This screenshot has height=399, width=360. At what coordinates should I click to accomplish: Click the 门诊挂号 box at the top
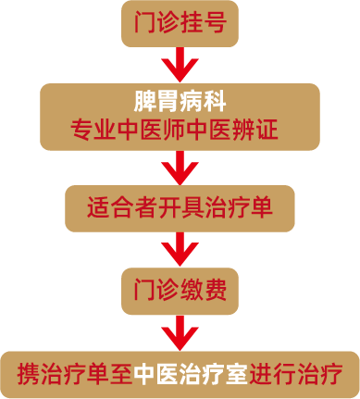(x=180, y=24)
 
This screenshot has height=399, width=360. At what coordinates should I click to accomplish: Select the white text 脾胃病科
(x=180, y=99)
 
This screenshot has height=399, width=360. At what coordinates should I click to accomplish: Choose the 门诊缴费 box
(x=180, y=291)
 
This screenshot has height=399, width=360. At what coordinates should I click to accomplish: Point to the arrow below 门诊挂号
(x=180, y=66)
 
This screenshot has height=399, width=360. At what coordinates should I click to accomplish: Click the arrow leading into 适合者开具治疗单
(x=180, y=166)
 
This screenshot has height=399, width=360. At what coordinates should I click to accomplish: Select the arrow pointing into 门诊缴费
(x=180, y=249)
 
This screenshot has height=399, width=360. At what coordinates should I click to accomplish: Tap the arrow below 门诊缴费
(x=180, y=331)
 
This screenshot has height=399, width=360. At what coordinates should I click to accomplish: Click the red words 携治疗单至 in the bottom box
(x=75, y=374)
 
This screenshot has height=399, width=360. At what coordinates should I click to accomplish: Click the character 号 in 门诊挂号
(x=215, y=24)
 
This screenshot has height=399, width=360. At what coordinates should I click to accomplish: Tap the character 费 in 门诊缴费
(x=216, y=291)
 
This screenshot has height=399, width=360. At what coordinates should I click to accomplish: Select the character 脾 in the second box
(x=143, y=99)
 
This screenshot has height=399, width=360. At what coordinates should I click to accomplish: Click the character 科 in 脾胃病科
(x=216, y=99)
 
